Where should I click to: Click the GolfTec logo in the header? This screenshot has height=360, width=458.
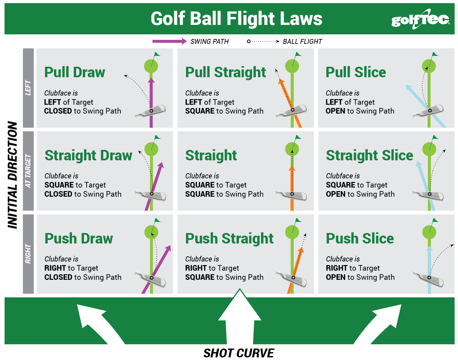(420, 19)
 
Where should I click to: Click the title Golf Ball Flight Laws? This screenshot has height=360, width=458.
(236, 19)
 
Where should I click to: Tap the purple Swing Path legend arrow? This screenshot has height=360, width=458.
(169, 41)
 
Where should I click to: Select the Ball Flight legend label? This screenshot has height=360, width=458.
(302, 42)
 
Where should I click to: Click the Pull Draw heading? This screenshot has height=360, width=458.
(75, 72)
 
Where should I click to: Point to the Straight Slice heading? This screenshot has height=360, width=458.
(369, 155)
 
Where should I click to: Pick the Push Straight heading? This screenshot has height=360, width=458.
(229, 239)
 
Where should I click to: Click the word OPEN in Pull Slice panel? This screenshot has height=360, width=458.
(335, 111)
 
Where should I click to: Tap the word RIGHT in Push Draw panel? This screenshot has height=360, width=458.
(55, 268)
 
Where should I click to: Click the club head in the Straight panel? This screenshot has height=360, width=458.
(292, 195)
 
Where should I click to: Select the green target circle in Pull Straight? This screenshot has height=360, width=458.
(292, 66)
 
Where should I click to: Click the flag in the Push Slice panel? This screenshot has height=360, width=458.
(435, 221)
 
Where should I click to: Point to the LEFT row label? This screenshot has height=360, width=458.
(28, 88)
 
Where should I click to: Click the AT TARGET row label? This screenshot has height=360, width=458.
(28, 171)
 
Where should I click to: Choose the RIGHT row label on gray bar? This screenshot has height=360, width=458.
(28, 254)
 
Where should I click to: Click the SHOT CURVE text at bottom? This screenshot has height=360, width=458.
(238, 353)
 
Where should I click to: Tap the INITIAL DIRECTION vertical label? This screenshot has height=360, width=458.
(12, 175)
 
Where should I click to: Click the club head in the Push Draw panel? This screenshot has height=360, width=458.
(152, 279)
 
